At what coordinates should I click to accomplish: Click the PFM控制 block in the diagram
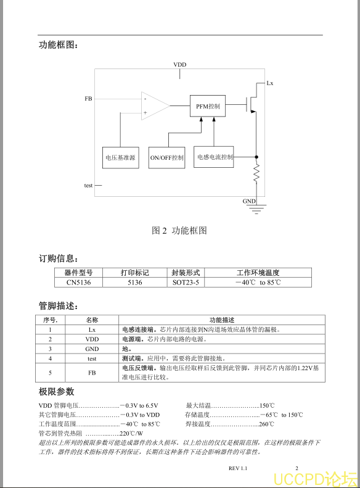pos(208,106)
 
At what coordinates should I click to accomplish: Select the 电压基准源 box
pos(121,158)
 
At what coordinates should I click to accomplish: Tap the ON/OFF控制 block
pos(166,158)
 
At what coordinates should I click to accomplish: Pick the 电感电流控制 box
pos(213,157)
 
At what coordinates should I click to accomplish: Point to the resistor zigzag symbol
pos(256,173)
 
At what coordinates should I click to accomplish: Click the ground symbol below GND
pos(256,209)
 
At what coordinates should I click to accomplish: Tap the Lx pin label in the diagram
pos(270,83)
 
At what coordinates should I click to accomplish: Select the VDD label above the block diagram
pos(179,64)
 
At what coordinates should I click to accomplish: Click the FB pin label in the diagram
pos(88,99)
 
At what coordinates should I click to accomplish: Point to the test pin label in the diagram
pos(88,186)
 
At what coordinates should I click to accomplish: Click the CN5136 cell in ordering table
pos(79,283)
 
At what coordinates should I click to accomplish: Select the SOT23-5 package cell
pos(186,283)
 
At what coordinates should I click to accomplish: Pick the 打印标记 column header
pos(135,273)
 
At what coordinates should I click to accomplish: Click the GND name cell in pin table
pos(92,349)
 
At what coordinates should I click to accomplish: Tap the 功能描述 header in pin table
pos(222,320)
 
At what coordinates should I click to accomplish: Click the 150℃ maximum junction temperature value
pos(267,405)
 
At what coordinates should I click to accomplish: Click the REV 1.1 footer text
pos(238,468)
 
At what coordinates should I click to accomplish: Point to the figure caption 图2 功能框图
pos(179,231)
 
